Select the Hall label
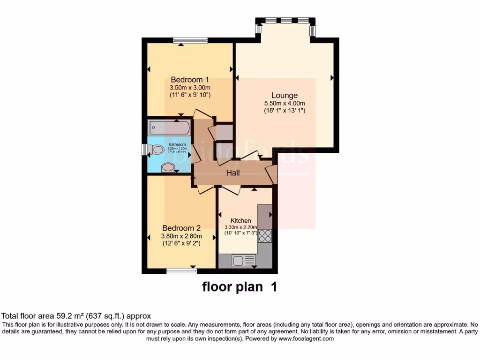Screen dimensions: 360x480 pos(233,173)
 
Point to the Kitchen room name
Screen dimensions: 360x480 pos(241,221)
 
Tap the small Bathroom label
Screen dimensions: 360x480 pos(177,144)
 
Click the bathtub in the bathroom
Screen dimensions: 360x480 pos(169,127)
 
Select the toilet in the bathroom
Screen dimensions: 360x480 pos(157,150)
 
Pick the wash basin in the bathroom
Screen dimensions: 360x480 pos(167,168)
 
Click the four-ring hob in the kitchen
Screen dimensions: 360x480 pos(265,235)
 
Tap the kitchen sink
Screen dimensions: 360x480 pos(243,260)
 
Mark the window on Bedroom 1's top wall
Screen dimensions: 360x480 pos(190,41)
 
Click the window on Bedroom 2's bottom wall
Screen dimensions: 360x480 pos(182,270)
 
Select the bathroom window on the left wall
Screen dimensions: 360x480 pos(144,149)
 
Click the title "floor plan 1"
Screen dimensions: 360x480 pos(240,286)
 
